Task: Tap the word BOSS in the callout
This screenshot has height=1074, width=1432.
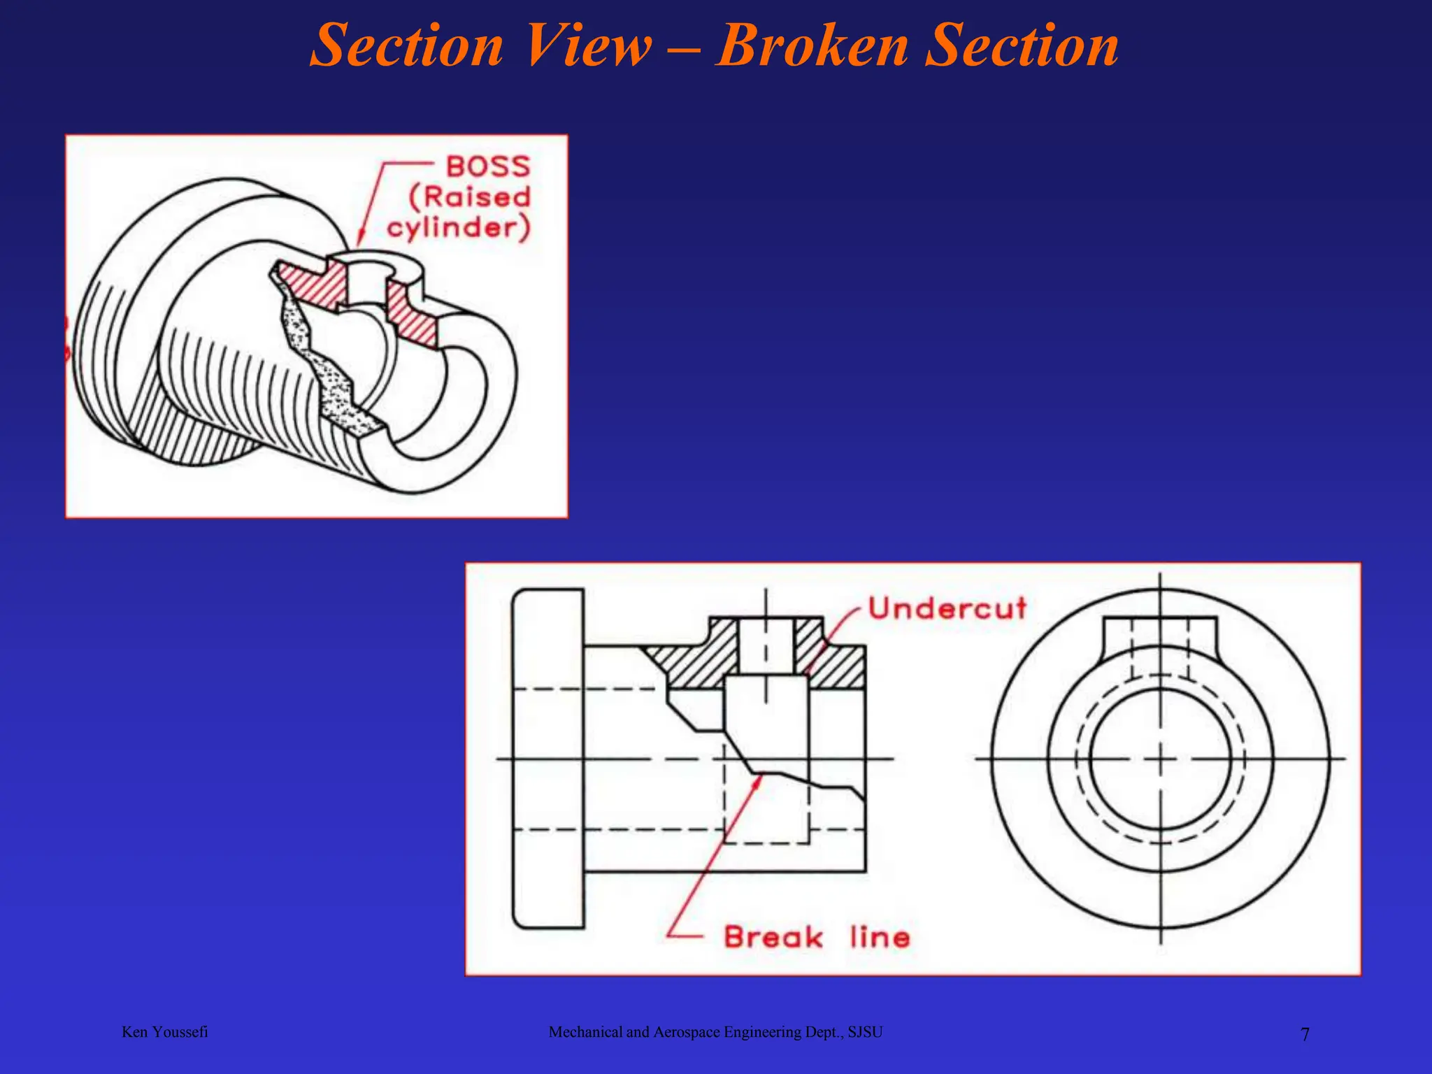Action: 488,166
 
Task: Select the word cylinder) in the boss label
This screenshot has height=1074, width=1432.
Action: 459,228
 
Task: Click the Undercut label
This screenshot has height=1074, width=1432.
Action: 947,608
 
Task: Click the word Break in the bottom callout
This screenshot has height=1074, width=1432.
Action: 773,937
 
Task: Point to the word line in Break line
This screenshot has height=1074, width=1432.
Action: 880,937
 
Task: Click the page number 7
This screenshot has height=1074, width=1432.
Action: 1305,1034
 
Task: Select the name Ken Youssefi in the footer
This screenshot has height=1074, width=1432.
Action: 164,1032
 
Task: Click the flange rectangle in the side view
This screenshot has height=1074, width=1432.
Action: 548,759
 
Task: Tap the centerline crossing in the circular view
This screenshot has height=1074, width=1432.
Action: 1160,759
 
